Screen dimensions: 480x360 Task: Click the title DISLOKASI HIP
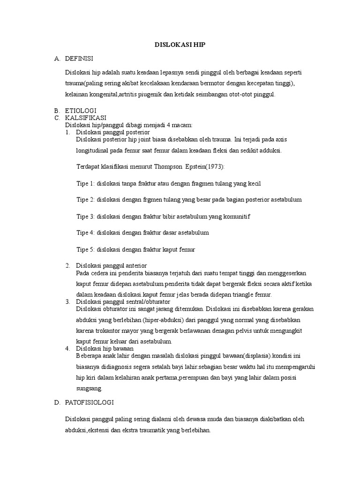[180, 45]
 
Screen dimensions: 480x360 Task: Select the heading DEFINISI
[79, 59]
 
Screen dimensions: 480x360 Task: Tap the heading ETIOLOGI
[80, 110]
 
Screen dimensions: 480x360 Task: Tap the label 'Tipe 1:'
[85, 184]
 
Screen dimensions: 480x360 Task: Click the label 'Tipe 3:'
[85, 216]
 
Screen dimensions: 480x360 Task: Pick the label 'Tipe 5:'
[85, 249]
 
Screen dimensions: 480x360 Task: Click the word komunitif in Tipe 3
[237, 216]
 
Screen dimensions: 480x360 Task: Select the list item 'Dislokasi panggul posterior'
[112, 132]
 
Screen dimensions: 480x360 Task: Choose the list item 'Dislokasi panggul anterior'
[112, 266]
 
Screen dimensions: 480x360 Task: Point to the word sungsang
[88, 389]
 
